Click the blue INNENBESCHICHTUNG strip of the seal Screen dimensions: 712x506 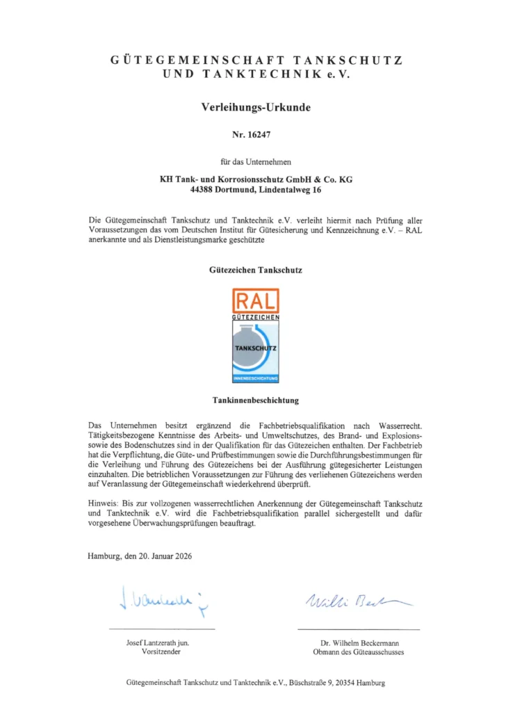point(256,378)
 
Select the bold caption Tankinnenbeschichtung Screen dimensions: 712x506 point(256,401)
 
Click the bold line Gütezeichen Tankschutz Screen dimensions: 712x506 point(256,268)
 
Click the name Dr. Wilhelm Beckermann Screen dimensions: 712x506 point(358,642)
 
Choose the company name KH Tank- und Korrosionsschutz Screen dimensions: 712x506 point(227,179)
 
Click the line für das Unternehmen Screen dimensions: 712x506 point(256,162)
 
